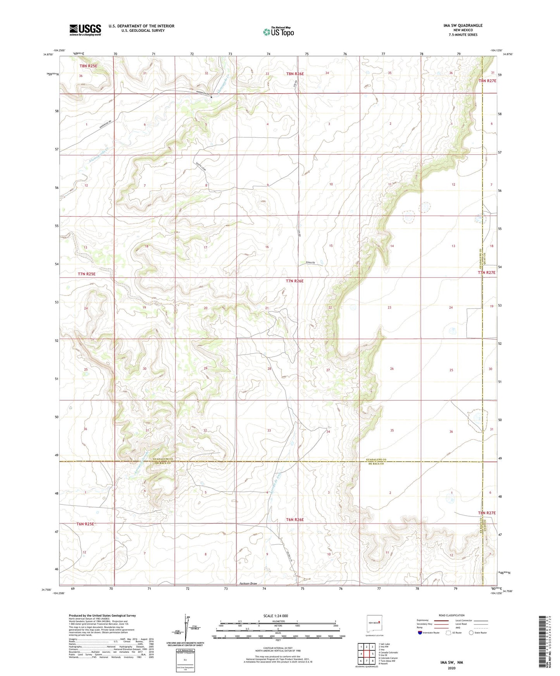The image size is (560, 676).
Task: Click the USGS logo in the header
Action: [x=85, y=30]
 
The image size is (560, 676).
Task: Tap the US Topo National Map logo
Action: [x=278, y=32]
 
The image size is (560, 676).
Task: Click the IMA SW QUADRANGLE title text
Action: [x=463, y=26]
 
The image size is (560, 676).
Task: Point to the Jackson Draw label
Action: [x=248, y=583]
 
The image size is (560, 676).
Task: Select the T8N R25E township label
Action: [x=88, y=66]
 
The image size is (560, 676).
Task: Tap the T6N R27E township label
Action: [x=487, y=513]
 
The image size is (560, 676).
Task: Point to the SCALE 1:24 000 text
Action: [x=275, y=616]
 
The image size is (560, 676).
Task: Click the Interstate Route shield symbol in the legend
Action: [x=420, y=633]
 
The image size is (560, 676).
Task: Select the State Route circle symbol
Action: [x=471, y=633]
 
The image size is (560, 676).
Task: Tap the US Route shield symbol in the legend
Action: [x=448, y=633]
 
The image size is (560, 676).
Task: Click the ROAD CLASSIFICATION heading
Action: [x=451, y=615]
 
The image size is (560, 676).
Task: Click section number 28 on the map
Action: [x=269, y=369]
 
